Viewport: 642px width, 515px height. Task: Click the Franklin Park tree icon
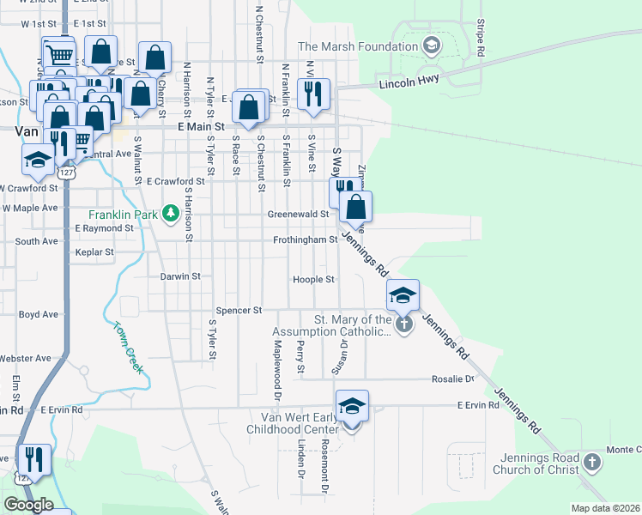point(171,212)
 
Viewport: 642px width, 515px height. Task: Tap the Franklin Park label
point(125,214)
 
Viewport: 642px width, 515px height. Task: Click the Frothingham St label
point(305,240)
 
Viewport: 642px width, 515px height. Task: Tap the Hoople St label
point(313,280)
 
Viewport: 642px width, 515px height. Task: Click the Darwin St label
point(179,276)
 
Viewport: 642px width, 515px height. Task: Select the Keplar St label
point(94,252)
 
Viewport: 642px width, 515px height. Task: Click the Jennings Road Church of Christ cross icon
point(591,463)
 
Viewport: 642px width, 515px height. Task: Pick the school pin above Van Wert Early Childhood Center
point(352,405)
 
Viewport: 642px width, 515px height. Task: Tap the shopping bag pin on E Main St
point(249,107)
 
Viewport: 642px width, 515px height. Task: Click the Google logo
point(28,505)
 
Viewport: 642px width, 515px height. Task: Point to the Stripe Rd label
point(481,38)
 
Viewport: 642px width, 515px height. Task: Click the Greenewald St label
point(299,214)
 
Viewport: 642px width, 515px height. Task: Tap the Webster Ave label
point(25,358)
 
